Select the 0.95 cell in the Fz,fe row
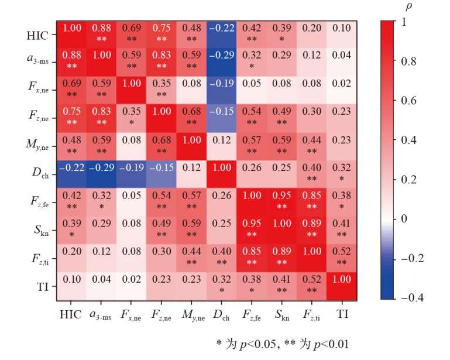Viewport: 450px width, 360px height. tap(283, 202)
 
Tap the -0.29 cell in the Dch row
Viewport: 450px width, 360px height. tap(102, 174)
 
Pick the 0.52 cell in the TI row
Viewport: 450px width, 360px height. tap(312, 285)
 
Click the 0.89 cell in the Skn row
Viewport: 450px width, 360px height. tap(312, 229)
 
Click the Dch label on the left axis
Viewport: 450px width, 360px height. tap(39, 174)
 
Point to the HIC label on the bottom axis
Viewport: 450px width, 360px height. tap(71, 314)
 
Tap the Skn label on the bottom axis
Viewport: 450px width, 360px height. tap(283, 314)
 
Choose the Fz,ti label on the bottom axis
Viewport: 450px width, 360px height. tap(312, 314)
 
